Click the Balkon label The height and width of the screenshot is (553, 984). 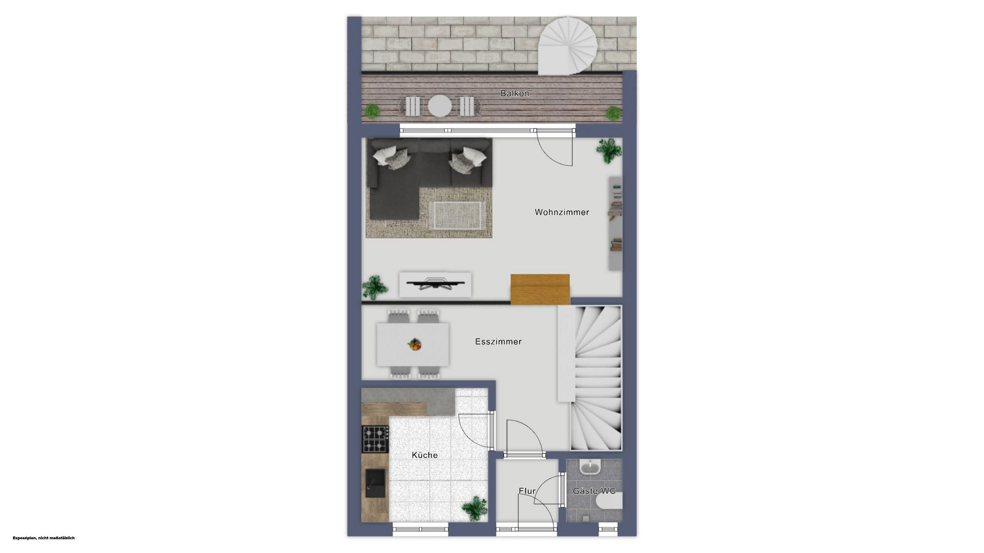click(x=515, y=94)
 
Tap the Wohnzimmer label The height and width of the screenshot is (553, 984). click(x=562, y=212)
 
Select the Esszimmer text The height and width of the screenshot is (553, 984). click(x=498, y=342)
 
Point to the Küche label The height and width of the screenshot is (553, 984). click(x=425, y=455)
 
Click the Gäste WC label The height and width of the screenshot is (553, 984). click(x=594, y=491)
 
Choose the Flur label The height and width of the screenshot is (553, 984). click(x=527, y=491)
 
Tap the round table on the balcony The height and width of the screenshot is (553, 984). click(x=440, y=106)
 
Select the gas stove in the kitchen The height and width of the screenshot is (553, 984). click(x=375, y=439)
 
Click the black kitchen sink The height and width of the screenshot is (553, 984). click(x=375, y=483)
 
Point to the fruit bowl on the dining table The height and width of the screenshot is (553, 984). click(x=415, y=344)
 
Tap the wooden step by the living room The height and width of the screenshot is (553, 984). click(x=540, y=289)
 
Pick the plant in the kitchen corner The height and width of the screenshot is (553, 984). click(x=475, y=508)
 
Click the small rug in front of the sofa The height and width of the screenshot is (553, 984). click(x=458, y=216)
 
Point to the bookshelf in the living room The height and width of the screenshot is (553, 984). click(x=616, y=223)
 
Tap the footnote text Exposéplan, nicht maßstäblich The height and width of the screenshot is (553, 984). click(x=44, y=538)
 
